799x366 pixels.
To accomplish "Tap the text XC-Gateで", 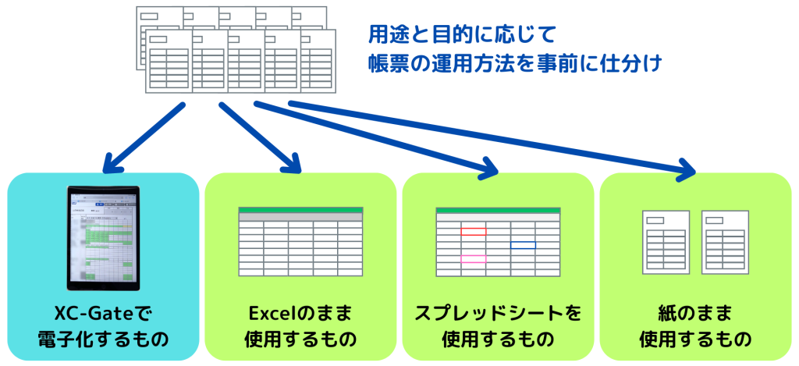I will coord(103,314).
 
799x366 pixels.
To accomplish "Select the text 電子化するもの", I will coord(103,339).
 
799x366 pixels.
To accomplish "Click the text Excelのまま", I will coord(300,314).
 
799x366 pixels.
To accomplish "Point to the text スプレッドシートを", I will coord(498,314).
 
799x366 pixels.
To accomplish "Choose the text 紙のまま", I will coord(695,314).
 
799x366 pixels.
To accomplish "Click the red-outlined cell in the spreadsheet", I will coord(473,231).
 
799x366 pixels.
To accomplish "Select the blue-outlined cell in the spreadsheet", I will coord(523,245).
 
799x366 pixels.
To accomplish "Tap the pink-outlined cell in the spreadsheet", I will coord(473,258).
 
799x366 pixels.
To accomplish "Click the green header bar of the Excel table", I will coord(300,210).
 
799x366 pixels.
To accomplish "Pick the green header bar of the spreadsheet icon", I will coord(498,210).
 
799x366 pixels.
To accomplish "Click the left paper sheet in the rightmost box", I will coord(665,242).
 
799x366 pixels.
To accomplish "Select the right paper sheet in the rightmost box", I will coord(726,242).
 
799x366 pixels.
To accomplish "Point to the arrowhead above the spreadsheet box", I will coord(488,167).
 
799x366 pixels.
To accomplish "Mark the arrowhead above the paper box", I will coord(686,169).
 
